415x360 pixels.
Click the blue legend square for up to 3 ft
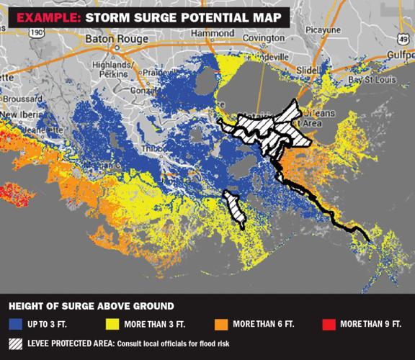[15, 324]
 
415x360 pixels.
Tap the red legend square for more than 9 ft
[324, 324]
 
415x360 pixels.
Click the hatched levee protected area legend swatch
[15, 343]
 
